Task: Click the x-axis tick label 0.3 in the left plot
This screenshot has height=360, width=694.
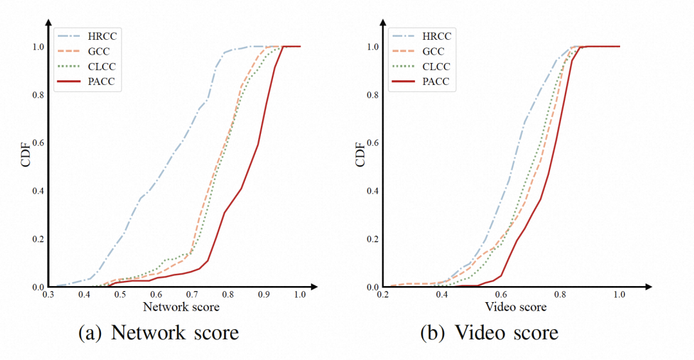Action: (48, 294)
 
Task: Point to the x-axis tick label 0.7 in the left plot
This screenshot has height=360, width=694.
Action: (192, 294)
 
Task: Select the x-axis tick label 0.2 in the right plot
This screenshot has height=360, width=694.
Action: (384, 294)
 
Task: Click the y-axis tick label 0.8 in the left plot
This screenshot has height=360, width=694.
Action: (38, 94)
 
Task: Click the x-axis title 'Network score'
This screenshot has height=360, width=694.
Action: (181, 307)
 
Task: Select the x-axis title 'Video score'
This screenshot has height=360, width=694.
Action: (516, 307)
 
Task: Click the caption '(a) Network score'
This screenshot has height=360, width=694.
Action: (158, 333)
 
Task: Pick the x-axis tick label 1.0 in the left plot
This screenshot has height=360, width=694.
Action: (300, 294)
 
